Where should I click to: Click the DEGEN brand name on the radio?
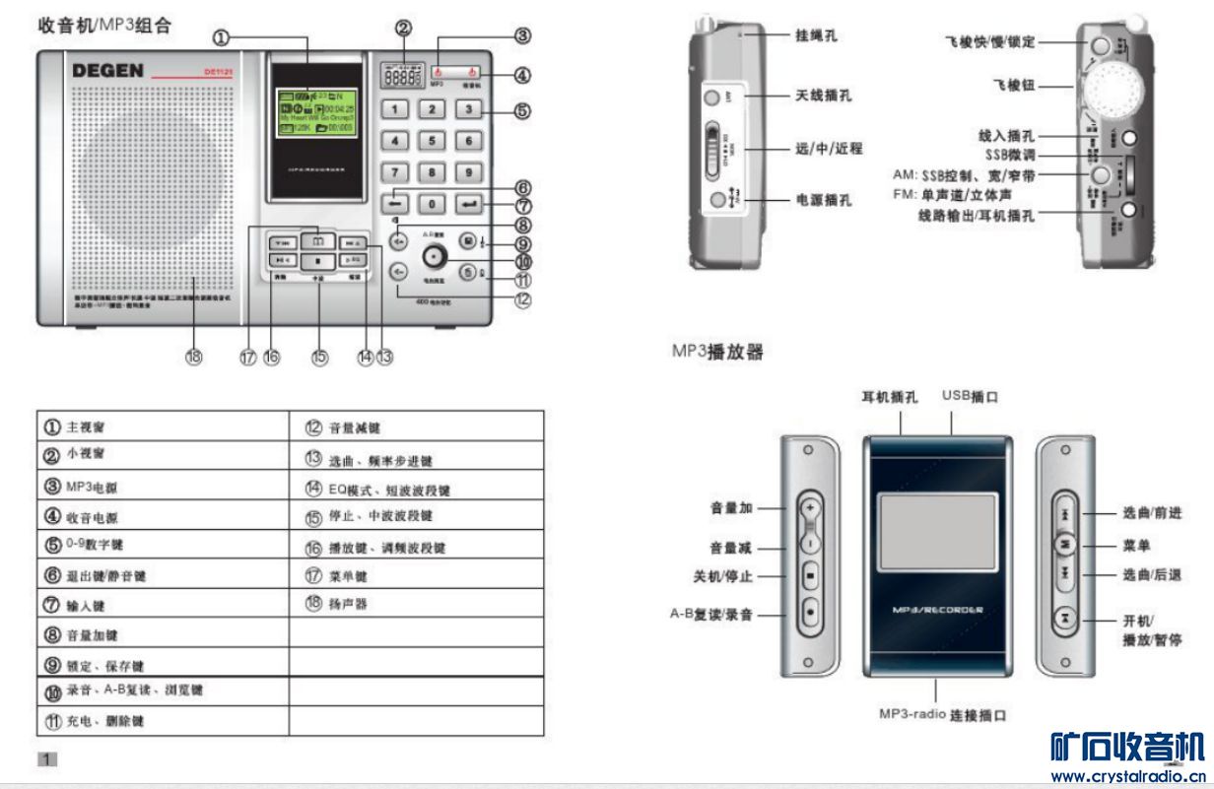point(108,71)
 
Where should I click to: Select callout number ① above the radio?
point(221,37)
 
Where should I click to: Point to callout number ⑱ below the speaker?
point(194,358)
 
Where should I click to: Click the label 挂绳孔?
point(818,34)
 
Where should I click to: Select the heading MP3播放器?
point(716,350)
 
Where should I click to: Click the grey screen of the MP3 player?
point(936,533)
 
